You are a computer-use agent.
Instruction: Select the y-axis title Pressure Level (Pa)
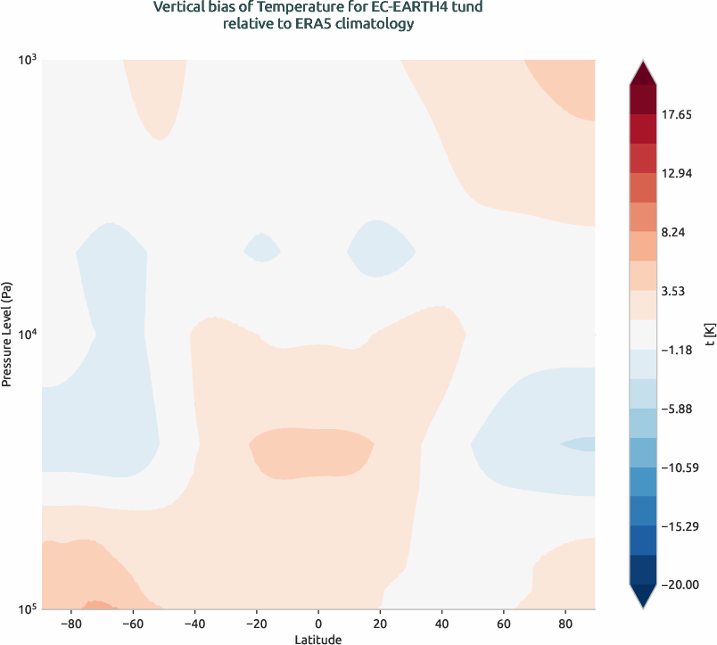point(7,334)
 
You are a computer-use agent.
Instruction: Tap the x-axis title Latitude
point(318,639)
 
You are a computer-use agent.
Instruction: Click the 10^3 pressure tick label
point(27,60)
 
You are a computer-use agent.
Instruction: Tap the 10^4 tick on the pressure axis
point(27,335)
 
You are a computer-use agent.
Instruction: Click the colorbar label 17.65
point(683,115)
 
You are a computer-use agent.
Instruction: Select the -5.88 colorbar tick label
point(683,409)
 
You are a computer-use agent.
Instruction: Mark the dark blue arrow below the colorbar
point(643,596)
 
